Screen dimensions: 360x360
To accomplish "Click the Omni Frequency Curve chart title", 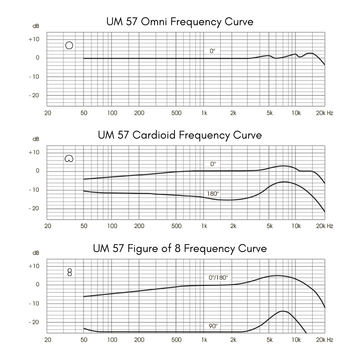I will pos(180,22).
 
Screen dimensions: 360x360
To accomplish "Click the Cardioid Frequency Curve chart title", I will pos(180,135).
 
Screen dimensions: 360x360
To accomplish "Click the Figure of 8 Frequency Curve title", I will pos(180,248).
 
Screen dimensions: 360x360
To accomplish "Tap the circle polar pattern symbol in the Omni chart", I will pos(69,45).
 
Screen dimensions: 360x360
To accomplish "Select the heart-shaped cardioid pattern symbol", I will pos(69,158).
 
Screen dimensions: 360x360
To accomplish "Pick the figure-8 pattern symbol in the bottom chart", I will pos(69,272).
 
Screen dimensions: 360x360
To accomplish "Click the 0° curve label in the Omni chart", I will pos(212,51).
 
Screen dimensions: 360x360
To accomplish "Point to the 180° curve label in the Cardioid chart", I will pos(212,194).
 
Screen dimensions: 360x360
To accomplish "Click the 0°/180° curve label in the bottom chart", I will pos(218,278).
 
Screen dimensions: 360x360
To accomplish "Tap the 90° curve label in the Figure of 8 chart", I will pos(213,326).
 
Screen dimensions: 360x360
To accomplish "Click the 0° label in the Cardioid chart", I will pos(213,164).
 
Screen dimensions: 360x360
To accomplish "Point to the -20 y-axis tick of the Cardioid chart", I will pos(34,208).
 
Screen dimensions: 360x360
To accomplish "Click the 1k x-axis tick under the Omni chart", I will pos(204,113).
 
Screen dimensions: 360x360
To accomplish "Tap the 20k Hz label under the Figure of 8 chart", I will pos(324,339).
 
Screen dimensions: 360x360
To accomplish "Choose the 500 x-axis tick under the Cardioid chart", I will pos(176,226).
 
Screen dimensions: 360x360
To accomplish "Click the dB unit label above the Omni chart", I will pos(36,26).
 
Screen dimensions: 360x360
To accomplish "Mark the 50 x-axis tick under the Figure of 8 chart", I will pos(84,339).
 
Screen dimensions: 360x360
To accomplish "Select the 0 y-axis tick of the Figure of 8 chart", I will pos(37,285).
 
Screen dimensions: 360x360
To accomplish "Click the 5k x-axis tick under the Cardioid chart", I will pos(270,226).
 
